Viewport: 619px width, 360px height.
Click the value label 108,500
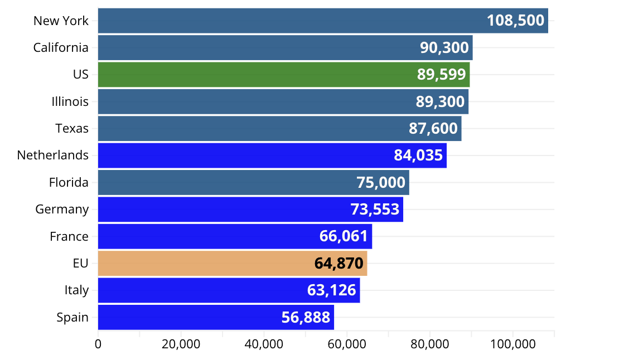coord(515,21)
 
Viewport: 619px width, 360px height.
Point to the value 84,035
coord(418,155)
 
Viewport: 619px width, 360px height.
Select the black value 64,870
coord(339,263)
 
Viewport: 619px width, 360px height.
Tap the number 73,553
coord(375,209)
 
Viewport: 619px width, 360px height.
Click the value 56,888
coord(306,317)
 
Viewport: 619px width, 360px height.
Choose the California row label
coord(61,47)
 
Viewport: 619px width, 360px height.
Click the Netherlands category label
coord(53,155)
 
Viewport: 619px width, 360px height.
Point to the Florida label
coord(69,182)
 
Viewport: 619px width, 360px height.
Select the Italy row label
coord(76,290)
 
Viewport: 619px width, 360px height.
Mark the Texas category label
coord(72,128)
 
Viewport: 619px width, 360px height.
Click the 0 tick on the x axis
coord(98,344)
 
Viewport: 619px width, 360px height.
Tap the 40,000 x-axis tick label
coord(264,344)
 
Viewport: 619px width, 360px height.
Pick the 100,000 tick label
coord(512,344)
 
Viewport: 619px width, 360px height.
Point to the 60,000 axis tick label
coord(347,344)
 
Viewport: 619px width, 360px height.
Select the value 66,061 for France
coord(344,236)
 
